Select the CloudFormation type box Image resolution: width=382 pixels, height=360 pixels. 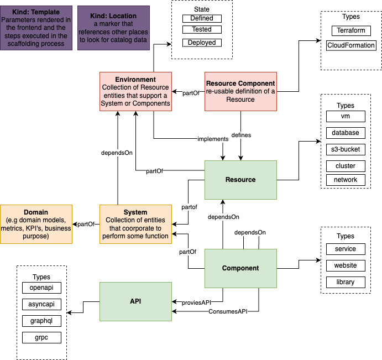(x=351, y=45)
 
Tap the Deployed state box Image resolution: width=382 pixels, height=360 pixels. (x=202, y=43)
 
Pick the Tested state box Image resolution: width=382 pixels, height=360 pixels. (x=202, y=29)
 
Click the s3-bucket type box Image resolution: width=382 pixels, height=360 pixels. (x=346, y=149)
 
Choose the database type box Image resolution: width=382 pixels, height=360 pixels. (x=346, y=133)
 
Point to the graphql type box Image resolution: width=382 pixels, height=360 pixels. (x=41, y=321)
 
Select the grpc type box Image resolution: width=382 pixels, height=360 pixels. (x=41, y=337)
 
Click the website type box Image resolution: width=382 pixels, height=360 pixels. (x=346, y=265)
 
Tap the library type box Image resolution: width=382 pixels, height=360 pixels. (x=346, y=282)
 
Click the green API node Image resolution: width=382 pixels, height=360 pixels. (x=135, y=301)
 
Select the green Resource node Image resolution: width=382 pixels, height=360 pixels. (x=240, y=180)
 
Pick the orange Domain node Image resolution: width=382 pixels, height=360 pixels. (x=36, y=224)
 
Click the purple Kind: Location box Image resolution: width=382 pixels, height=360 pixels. (x=114, y=28)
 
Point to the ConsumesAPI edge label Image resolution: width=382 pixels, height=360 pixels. (x=228, y=312)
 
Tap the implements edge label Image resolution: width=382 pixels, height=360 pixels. (x=213, y=139)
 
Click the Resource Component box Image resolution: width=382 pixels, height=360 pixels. (x=240, y=91)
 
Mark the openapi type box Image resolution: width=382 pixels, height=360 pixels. (x=41, y=288)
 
